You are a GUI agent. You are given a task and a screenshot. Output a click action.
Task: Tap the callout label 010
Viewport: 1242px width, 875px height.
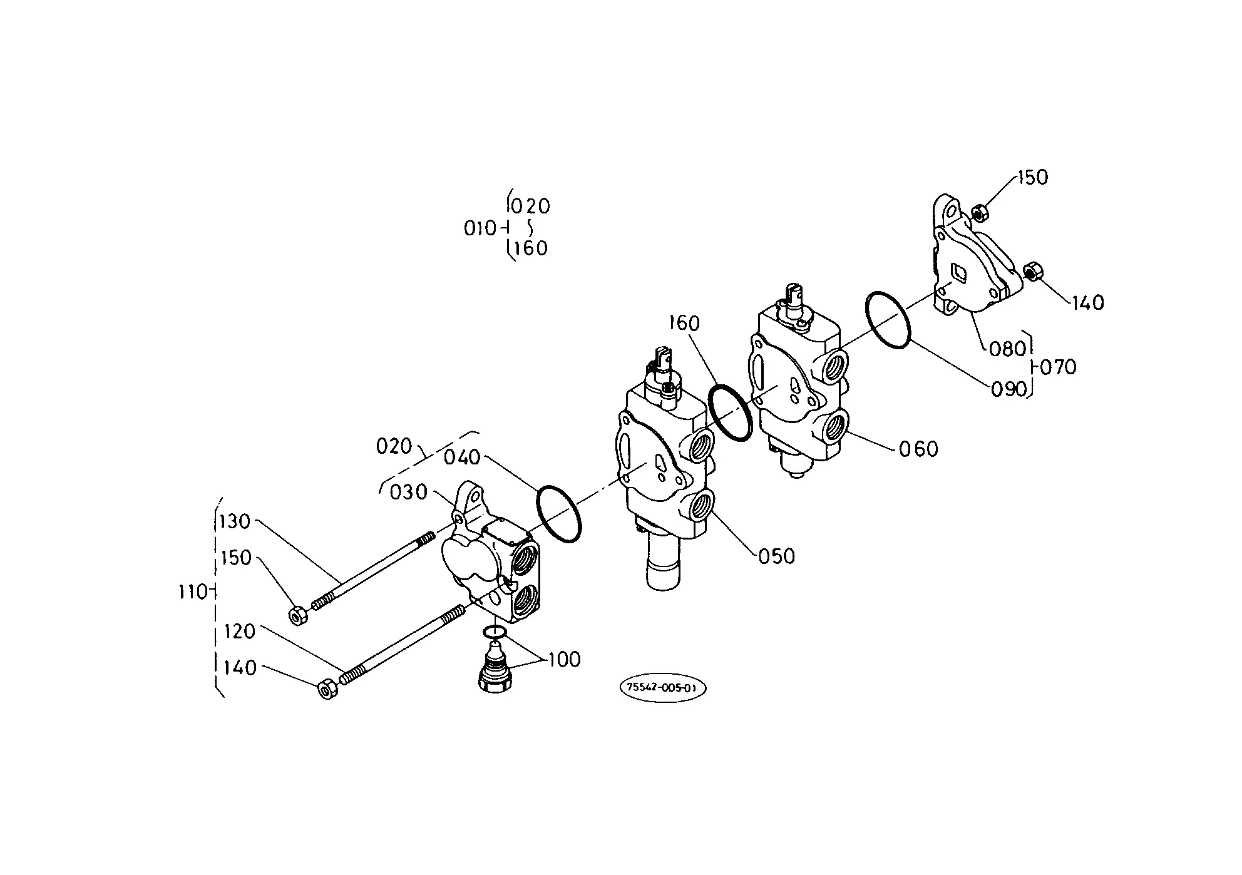[480, 228]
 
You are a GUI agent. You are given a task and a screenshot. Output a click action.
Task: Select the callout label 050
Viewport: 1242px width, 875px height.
[776, 556]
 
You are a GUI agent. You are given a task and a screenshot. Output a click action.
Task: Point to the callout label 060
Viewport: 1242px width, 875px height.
[918, 449]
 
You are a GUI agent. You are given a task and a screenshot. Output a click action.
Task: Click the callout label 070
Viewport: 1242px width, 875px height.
[1057, 367]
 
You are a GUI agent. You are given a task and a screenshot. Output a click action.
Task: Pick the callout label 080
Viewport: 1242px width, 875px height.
[1007, 349]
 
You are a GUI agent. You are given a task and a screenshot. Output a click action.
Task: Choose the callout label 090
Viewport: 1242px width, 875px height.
[1009, 390]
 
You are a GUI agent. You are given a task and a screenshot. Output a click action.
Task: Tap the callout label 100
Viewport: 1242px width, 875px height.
[564, 660]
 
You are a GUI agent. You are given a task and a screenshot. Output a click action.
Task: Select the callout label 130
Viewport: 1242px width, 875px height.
[235, 521]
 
